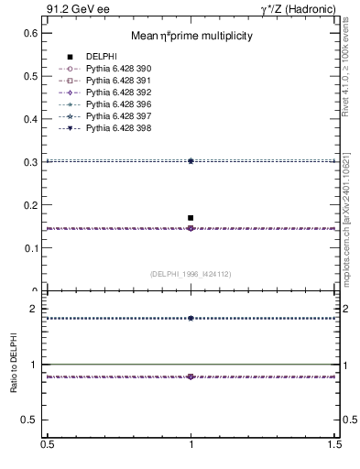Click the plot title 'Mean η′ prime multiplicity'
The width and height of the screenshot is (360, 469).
[x=191, y=36]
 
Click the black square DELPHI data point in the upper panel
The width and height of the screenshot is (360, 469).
[x=191, y=218]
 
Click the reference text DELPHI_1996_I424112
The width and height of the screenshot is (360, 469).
[x=191, y=273]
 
